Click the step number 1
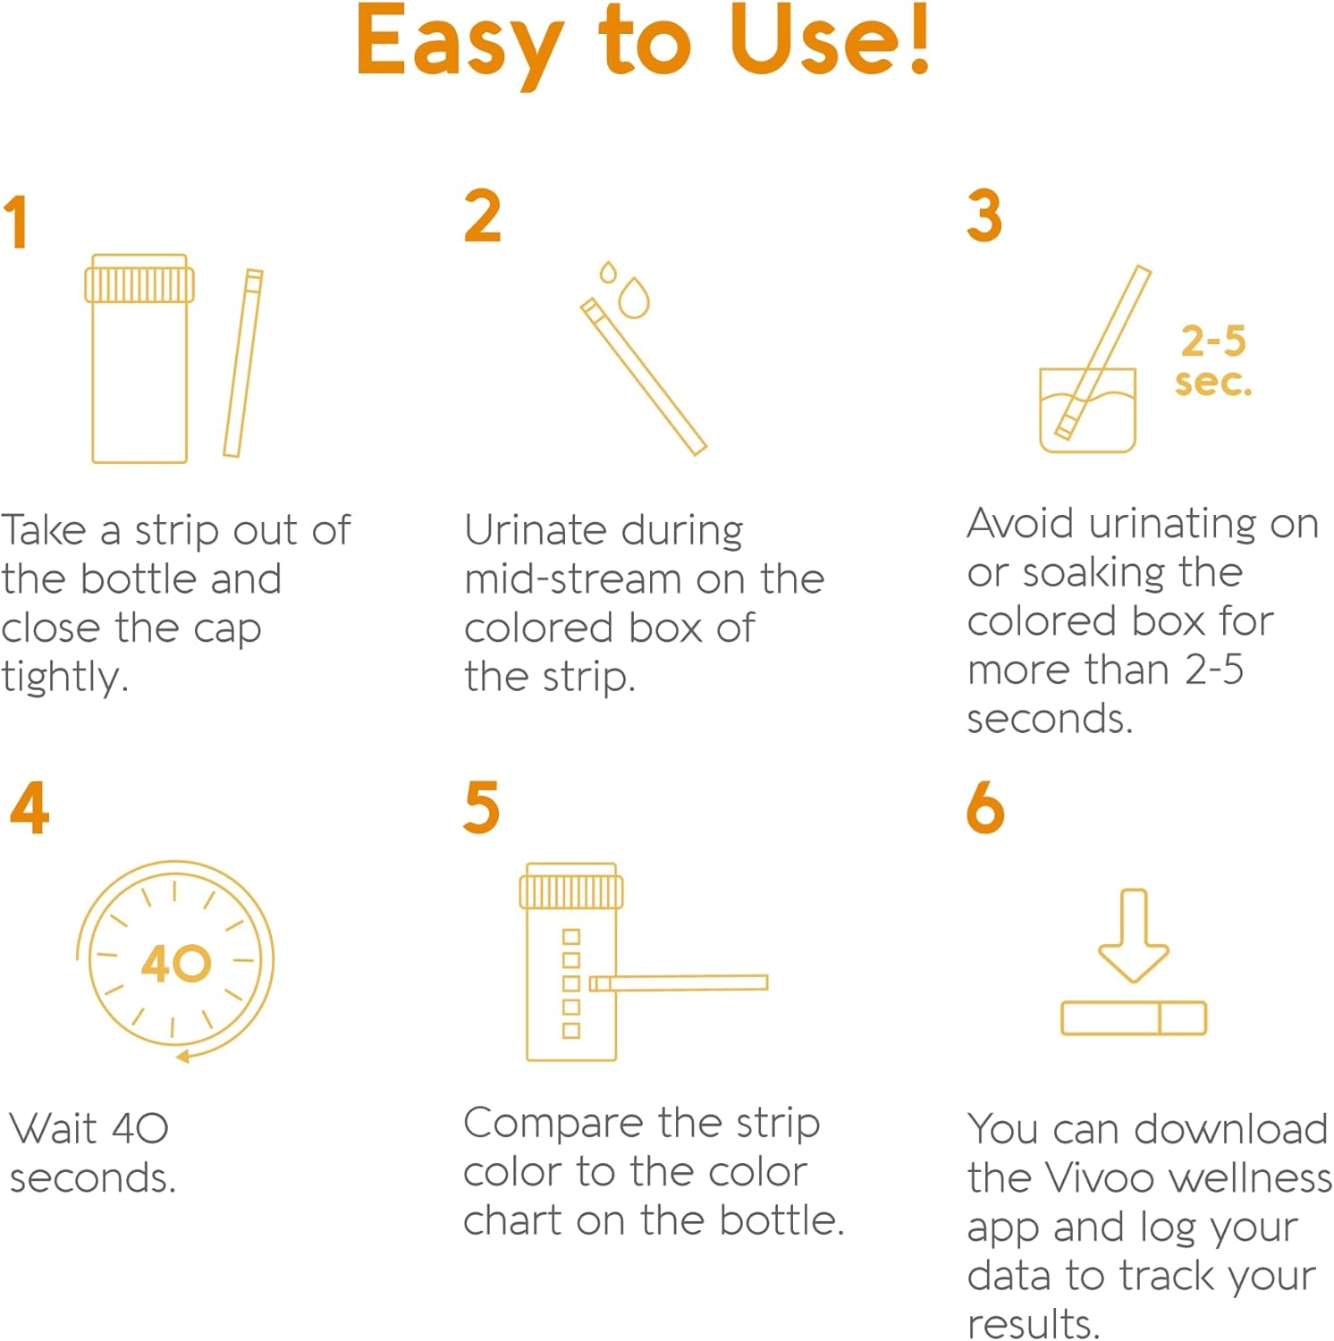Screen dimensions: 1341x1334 click(x=16, y=223)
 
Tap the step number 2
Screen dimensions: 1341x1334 click(x=482, y=216)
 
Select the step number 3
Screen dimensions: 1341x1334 click(x=984, y=216)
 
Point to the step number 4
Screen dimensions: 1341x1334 click(x=29, y=807)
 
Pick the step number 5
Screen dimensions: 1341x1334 click(x=481, y=807)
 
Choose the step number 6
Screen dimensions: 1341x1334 click(x=985, y=807)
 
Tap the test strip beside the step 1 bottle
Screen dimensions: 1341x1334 click(x=243, y=363)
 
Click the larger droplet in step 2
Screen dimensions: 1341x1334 click(x=634, y=299)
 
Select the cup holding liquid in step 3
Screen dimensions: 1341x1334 click(x=1087, y=414)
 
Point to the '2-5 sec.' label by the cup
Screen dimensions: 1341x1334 click(x=1213, y=361)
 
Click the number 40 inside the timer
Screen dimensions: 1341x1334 click(x=176, y=963)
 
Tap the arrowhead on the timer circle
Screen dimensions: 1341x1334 click(x=183, y=1057)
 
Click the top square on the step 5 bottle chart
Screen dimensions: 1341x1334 click(x=571, y=936)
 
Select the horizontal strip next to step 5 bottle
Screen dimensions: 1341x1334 click(x=680, y=983)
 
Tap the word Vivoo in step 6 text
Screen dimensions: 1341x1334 click(x=1102, y=1178)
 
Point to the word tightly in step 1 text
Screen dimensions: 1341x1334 click(x=64, y=678)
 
